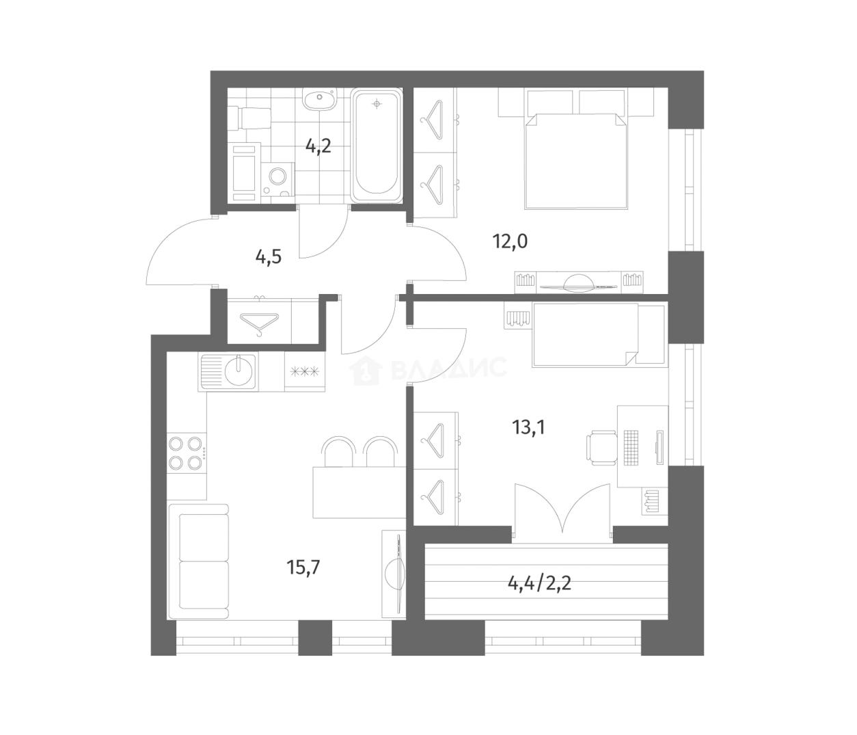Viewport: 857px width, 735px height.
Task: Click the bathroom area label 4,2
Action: (318, 146)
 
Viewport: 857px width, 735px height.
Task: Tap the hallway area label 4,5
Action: (269, 257)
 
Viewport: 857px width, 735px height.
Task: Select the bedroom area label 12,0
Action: (510, 241)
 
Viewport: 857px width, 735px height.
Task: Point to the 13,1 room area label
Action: (529, 427)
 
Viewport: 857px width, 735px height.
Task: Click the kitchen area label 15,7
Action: (303, 567)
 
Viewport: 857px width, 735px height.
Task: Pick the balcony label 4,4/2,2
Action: (539, 584)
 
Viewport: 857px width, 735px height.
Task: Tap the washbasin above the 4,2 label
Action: (319, 99)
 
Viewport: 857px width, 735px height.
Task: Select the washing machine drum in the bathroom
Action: (277, 176)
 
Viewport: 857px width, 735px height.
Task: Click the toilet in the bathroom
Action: (249, 118)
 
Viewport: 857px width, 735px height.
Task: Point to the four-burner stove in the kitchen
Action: (186, 453)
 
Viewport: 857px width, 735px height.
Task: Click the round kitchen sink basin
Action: (239, 370)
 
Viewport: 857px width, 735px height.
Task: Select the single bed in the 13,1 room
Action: (600, 335)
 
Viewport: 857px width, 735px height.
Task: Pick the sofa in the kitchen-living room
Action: (198, 562)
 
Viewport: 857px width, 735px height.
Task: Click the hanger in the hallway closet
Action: (259, 324)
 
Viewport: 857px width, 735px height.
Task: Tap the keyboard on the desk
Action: (631, 446)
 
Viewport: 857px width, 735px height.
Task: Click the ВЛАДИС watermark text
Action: (449, 368)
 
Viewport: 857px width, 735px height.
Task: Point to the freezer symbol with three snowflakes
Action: (305, 372)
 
